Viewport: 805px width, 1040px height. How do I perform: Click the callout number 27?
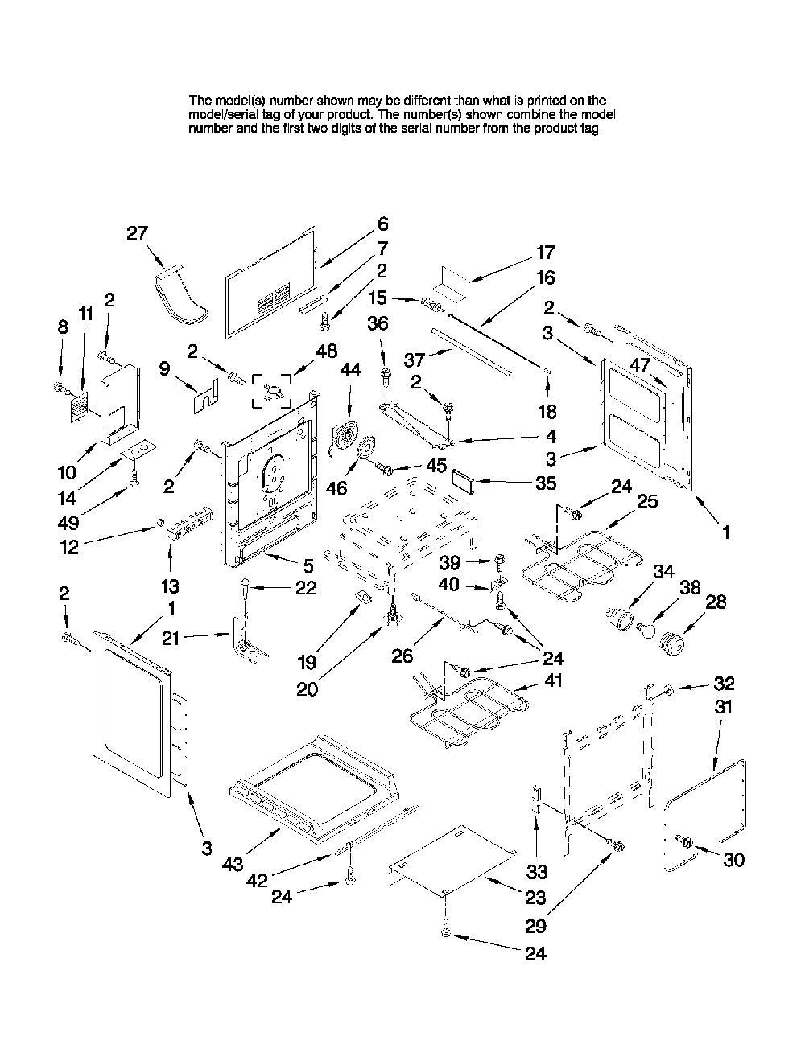click(138, 233)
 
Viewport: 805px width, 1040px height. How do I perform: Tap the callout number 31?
click(723, 707)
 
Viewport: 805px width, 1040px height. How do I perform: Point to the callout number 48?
click(327, 351)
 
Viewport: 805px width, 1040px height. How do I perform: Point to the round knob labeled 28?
click(672, 643)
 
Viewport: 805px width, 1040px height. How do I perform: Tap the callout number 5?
click(308, 565)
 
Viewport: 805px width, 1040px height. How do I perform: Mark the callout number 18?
click(547, 411)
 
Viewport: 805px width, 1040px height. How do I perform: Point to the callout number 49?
click(68, 523)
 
